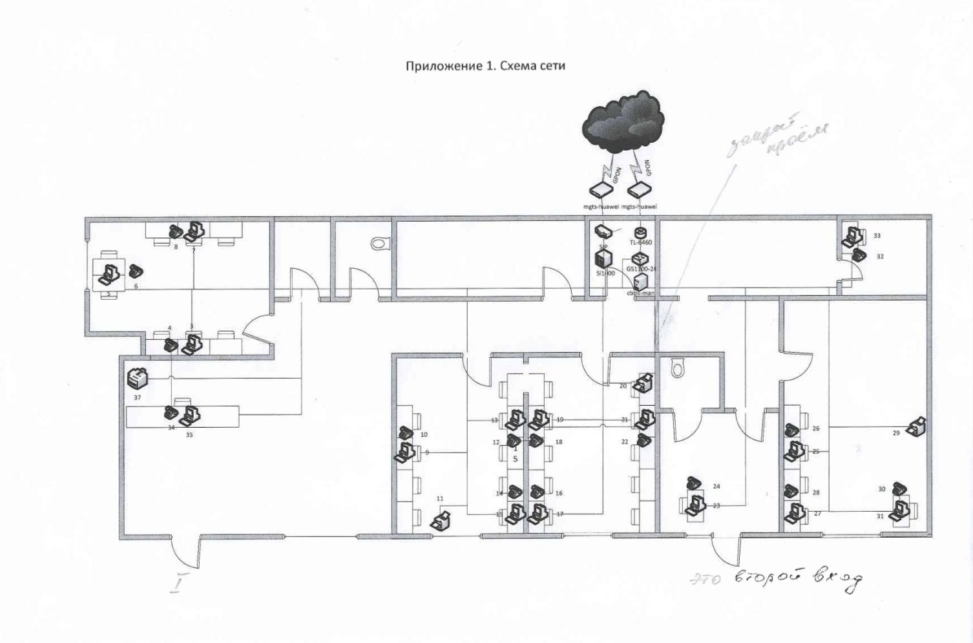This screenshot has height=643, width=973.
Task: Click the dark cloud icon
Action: coord(623,122)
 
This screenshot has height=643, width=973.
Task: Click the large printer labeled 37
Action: coord(138,377)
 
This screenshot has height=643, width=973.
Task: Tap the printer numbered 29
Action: coord(916,427)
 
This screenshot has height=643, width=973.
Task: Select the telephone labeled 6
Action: coord(136,271)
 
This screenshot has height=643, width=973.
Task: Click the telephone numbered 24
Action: coord(694,483)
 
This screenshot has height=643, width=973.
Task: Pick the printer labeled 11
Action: coord(441,519)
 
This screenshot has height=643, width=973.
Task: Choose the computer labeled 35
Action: coord(190,416)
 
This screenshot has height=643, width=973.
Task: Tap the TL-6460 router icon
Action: coord(640,232)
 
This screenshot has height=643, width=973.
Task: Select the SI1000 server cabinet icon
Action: coord(603,260)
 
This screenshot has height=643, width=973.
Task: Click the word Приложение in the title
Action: coord(443,65)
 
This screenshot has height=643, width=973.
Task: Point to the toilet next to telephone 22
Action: coord(676,369)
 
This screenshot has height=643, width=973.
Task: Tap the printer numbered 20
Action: coord(644,383)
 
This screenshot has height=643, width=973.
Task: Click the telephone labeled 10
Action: coord(406,432)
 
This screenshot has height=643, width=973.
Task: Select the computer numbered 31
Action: coord(898,511)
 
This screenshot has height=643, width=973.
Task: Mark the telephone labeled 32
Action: coord(858,255)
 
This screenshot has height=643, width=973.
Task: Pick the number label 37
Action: coord(138,398)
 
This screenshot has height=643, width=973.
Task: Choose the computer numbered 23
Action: coord(696,503)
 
